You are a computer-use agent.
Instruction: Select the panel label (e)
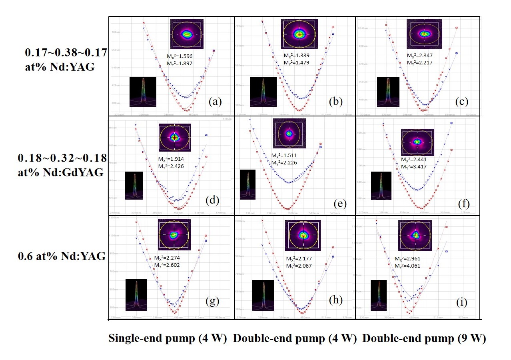[340, 204]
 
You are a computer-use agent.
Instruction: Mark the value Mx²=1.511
[285, 155]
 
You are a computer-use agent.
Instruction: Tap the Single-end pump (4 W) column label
[168, 339]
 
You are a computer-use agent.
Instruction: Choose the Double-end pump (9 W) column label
[424, 339]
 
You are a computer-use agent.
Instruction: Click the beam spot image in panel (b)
[299, 34]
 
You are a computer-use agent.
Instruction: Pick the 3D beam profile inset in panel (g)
[136, 294]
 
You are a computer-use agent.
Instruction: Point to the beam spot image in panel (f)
[417, 142]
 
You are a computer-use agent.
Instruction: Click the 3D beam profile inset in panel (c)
[388, 92]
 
